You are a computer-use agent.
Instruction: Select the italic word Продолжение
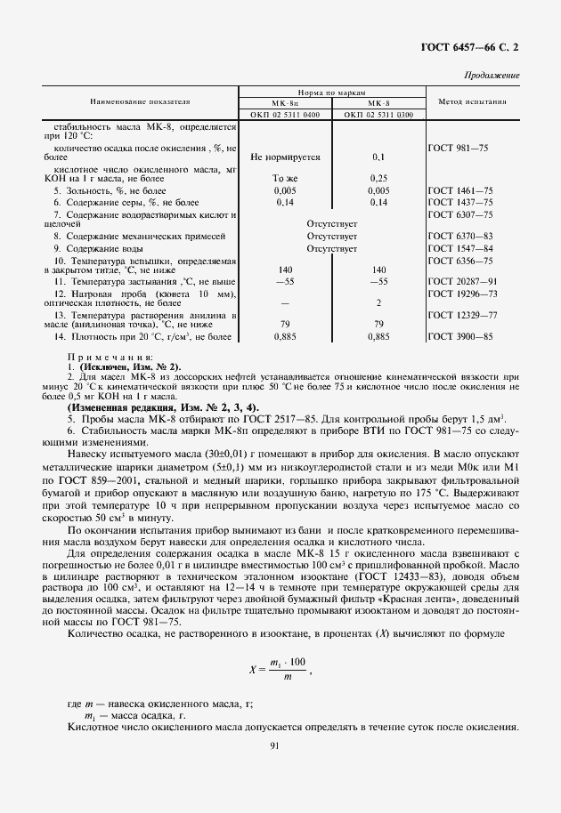tap(492, 76)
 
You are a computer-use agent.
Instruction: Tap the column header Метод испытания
tap(473, 102)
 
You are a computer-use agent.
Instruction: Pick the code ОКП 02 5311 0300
tap(378, 115)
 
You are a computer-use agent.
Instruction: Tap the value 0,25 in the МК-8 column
tap(378, 178)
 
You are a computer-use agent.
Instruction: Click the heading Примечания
tap(110, 358)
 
